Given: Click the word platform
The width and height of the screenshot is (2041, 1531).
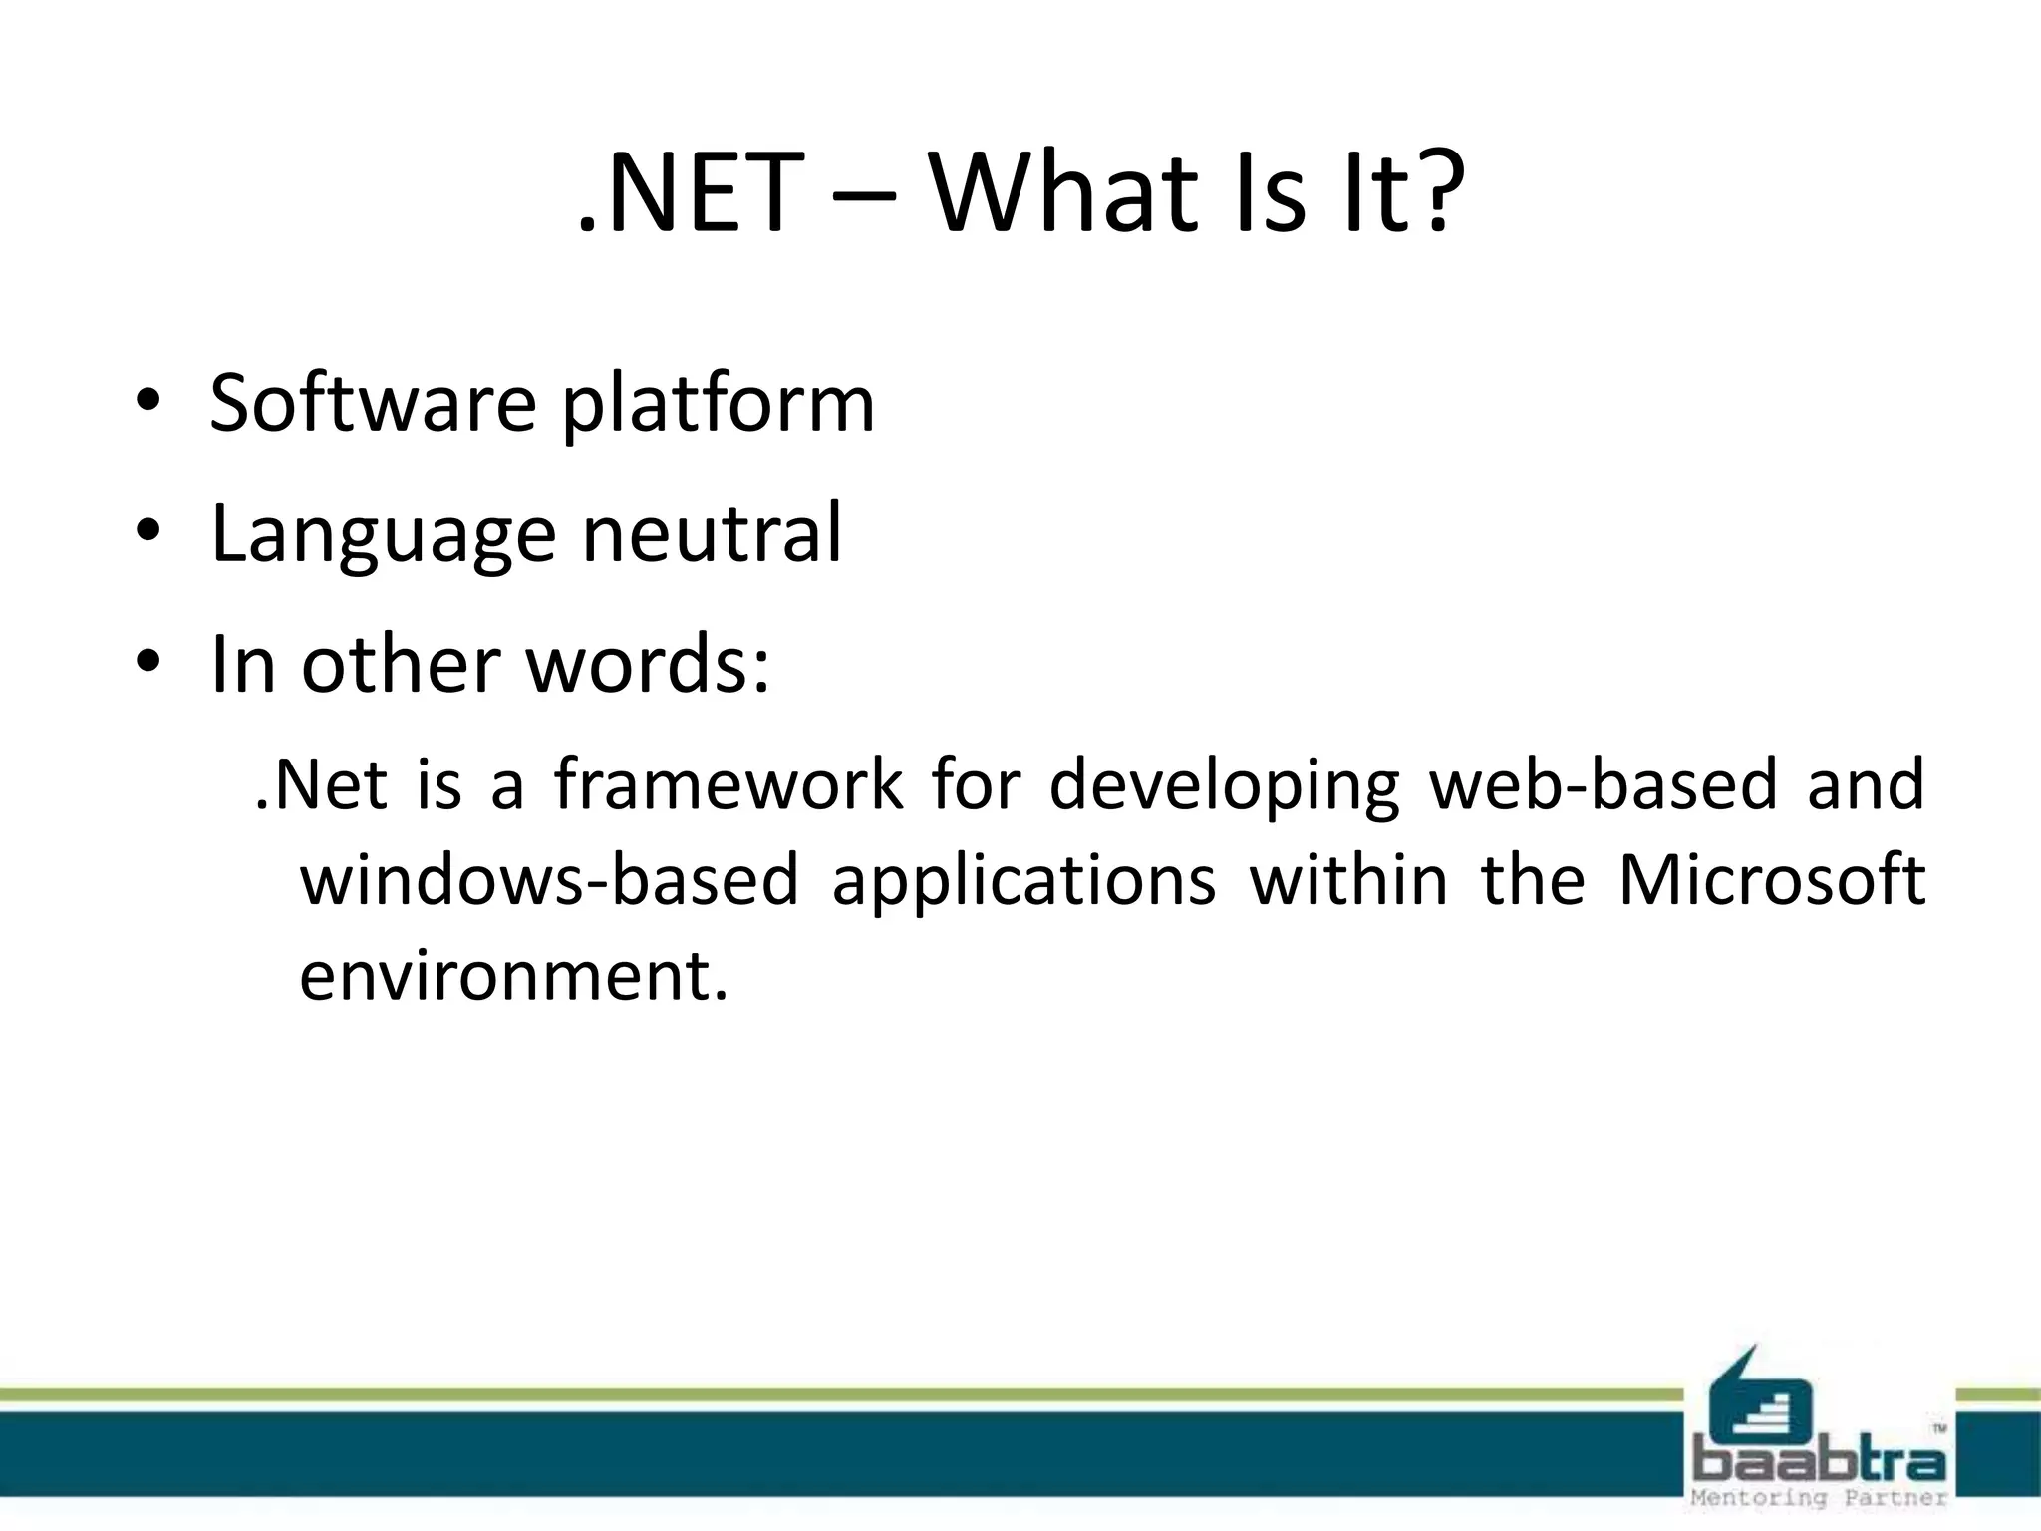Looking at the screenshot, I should (718, 407).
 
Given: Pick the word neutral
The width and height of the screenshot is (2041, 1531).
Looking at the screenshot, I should (712, 532).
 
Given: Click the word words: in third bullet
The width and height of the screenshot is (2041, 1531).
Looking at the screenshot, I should (648, 664).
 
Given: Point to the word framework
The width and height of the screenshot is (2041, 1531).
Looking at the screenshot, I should (729, 783).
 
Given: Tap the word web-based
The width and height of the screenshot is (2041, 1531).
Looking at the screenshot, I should (1604, 783).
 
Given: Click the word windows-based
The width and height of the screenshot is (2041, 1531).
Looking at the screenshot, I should (550, 879).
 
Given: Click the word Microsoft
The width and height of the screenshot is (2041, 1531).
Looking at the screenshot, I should (1771, 879).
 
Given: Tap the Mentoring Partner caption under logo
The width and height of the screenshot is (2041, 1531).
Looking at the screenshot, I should (1819, 1498).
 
